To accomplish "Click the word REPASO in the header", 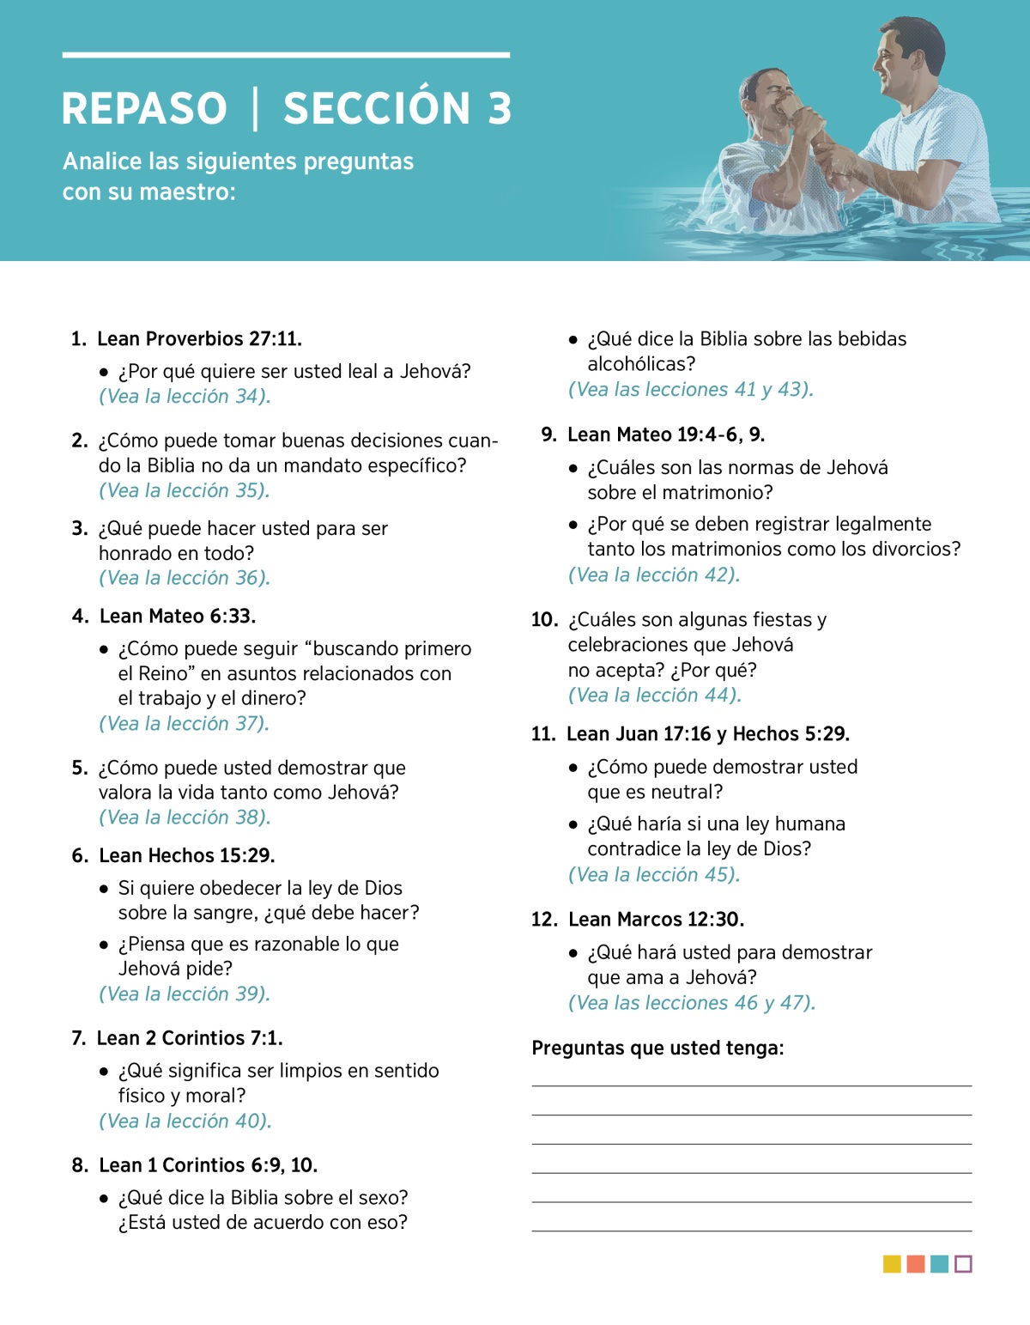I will (x=144, y=109).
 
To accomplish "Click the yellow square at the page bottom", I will (x=892, y=1264).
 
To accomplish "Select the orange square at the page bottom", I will (x=916, y=1264).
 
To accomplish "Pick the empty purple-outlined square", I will (x=963, y=1264).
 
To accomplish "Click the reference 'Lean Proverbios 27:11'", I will (x=199, y=339).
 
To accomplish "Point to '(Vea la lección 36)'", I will (x=185, y=578).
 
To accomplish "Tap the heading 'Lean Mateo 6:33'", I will (x=178, y=617).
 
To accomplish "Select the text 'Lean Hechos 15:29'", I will (x=187, y=856).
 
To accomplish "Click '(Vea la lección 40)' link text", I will (x=185, y=1121).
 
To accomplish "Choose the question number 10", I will (x=544, y=620).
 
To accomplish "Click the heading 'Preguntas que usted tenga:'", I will (x=657, y=1048).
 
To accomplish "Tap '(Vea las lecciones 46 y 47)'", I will (x=692, y=1003).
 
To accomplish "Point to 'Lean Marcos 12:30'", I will (x=656, y=920).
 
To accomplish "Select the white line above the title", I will (x=286, y=55).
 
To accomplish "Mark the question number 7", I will (x=78, y=1038).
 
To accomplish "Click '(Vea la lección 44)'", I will (x=655, y=696).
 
